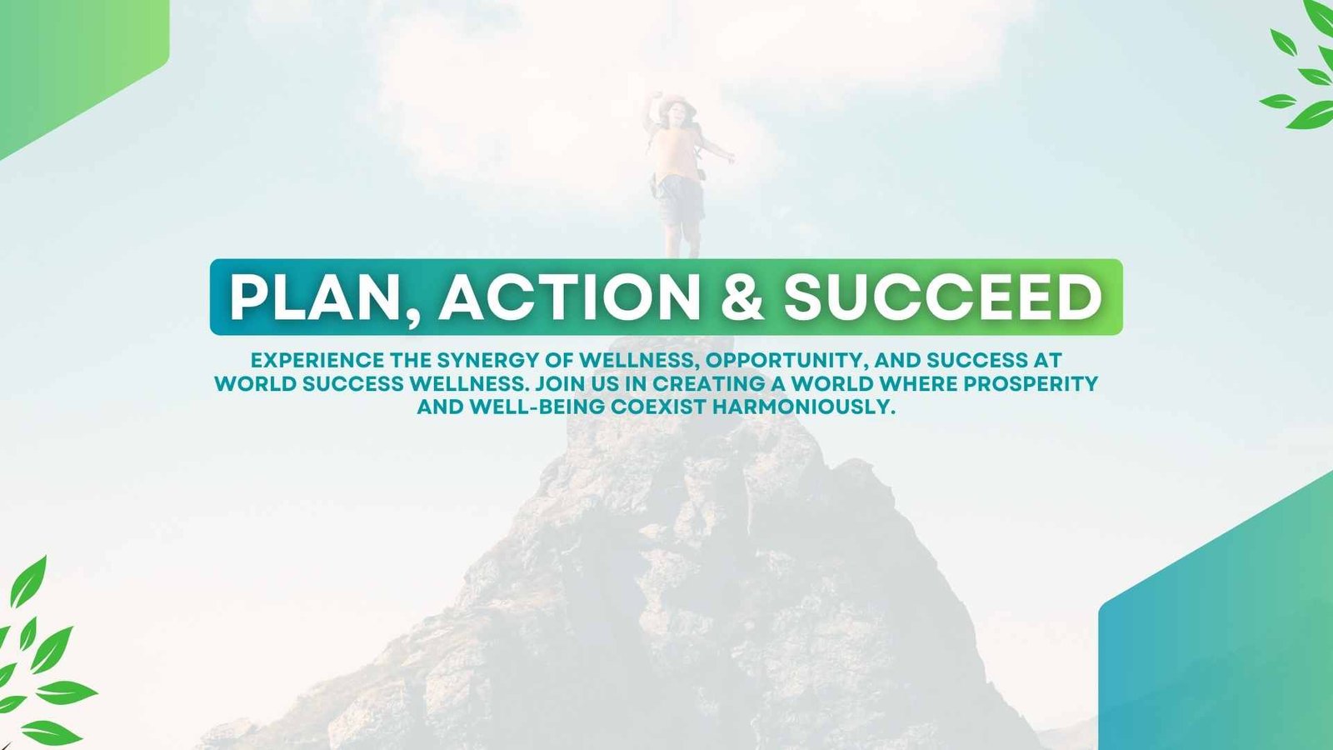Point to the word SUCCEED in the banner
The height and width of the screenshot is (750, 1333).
[942, 297]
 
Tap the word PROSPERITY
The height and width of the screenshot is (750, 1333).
[1031, 383]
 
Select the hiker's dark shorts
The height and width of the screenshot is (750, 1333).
[680, 199]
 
